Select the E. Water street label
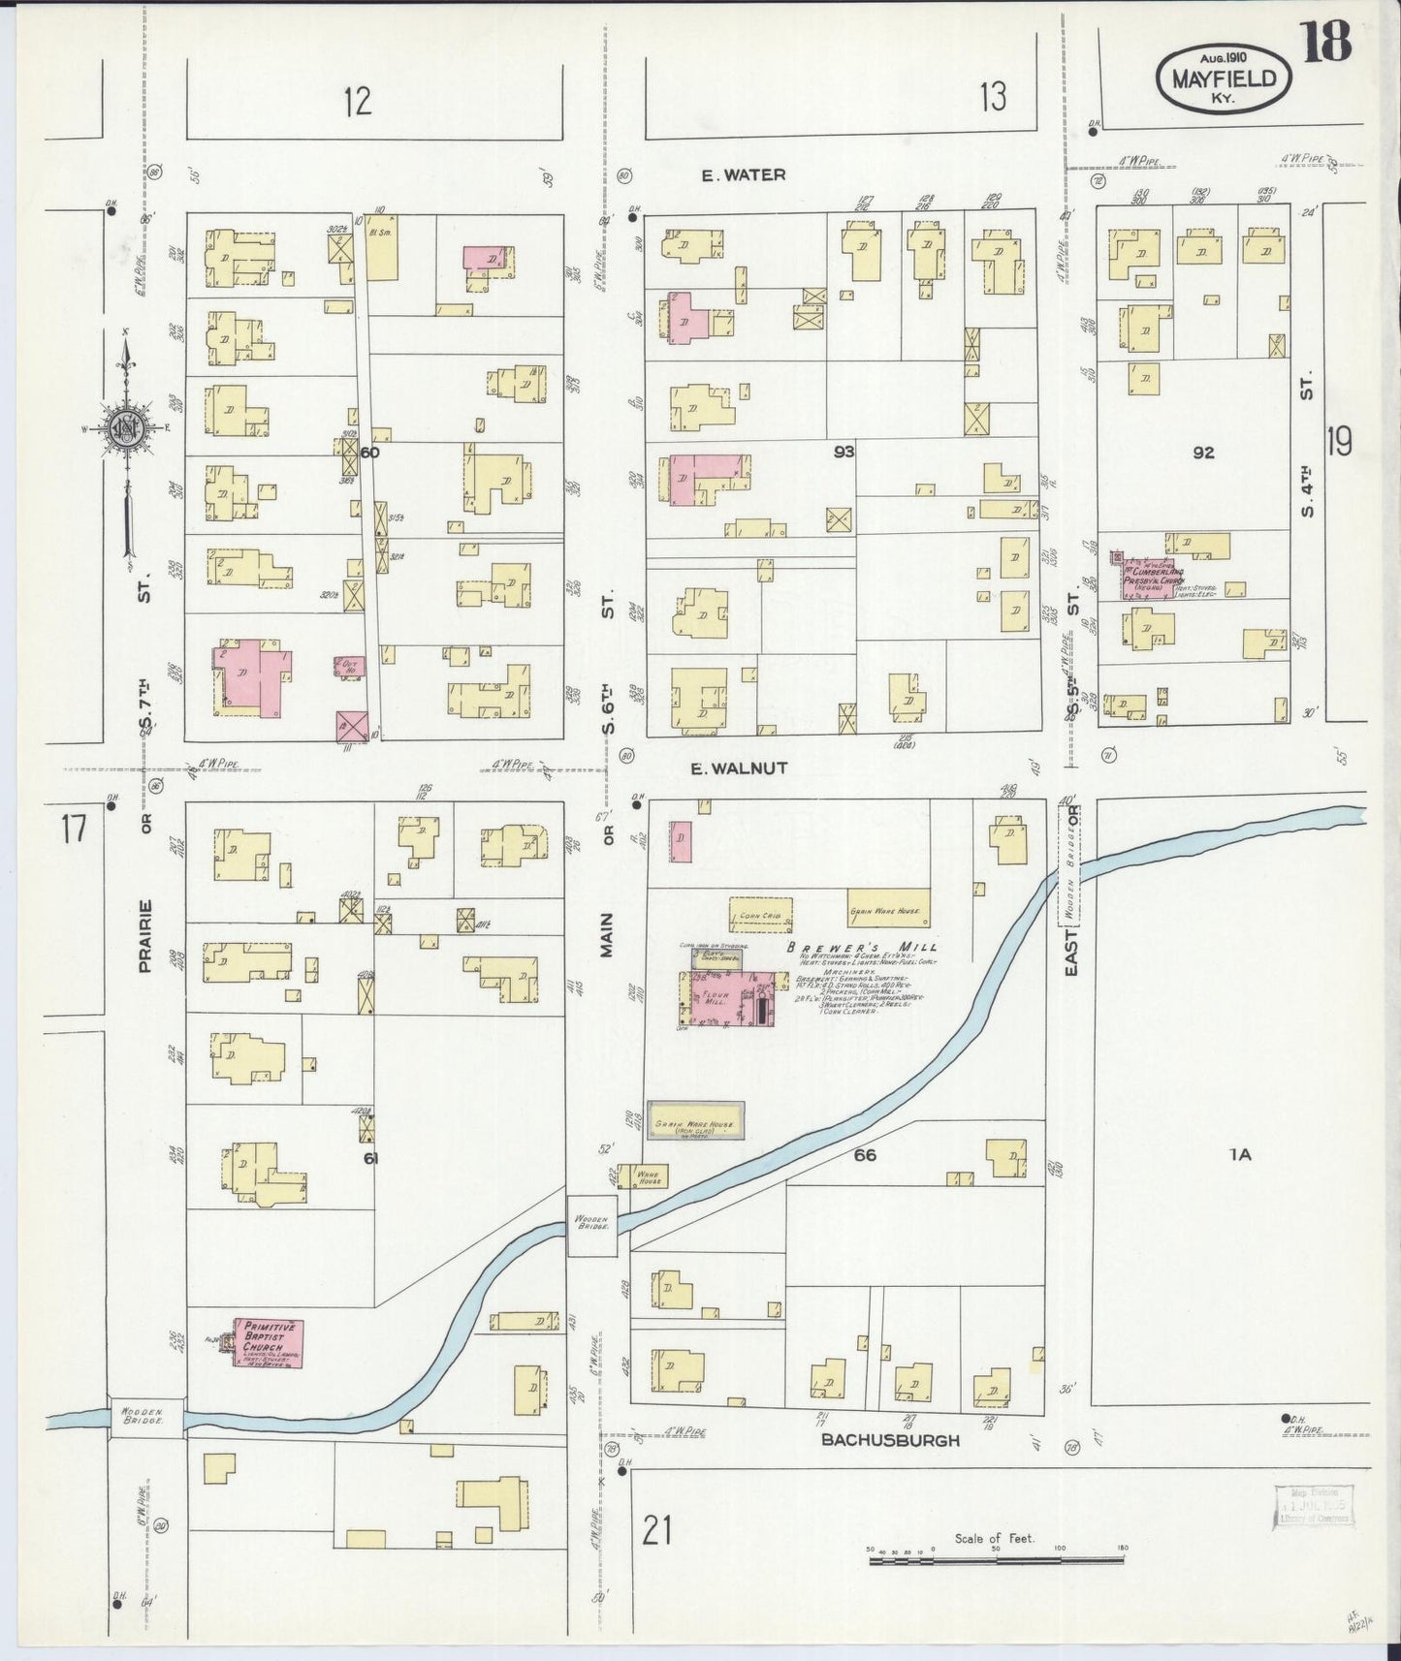[x=744, y=175]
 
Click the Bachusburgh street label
[x=890, y=1440]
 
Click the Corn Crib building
[x=761, y=914]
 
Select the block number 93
[x=844, y=452]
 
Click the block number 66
[x=865, y=1154]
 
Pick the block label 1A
[x=1240, y=1153]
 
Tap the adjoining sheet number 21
[x=656, y=1531]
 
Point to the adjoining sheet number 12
[x=358, y=101]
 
